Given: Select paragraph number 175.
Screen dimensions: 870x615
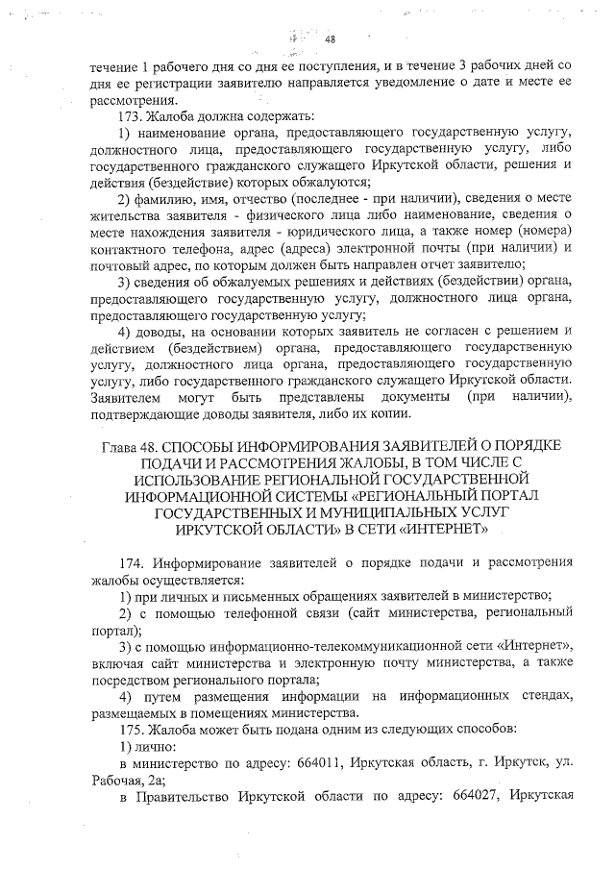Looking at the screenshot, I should [x=132, y=729].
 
